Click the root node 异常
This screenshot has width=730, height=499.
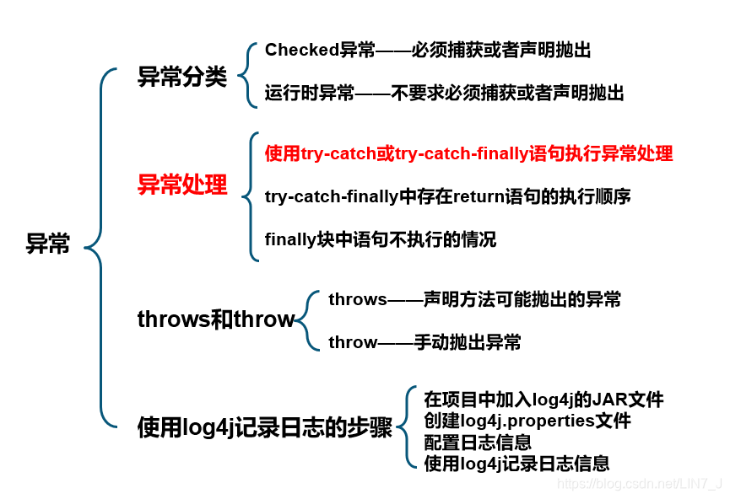(x=48, y=245)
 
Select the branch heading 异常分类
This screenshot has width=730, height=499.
(x=182, y=78)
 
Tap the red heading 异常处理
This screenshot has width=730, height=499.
(x=182, y=185)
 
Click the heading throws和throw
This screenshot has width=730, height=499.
(x=216, y=319)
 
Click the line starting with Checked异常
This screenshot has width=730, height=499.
(x=428, y=51)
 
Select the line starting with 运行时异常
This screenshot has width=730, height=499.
(x=444, y=94)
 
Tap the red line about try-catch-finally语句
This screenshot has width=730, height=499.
(x=468, y=154)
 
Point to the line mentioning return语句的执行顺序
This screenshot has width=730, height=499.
(x=447, y=196)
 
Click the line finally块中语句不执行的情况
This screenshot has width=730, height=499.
(x=381, y=239)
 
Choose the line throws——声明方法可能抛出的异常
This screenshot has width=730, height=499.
(x=474, y=299)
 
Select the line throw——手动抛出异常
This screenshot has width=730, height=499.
(x=424, y=342)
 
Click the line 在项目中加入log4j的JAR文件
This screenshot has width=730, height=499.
(x=543, y=400)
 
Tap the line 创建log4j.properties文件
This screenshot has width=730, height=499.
(x=527, y=421)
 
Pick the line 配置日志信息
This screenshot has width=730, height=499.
(x=478, y=442)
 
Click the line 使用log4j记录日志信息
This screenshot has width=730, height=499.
(x=516, y=463)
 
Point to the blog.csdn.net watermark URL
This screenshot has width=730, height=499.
(x=641, y=483)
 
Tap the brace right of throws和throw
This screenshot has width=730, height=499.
(x=307, y=321)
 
